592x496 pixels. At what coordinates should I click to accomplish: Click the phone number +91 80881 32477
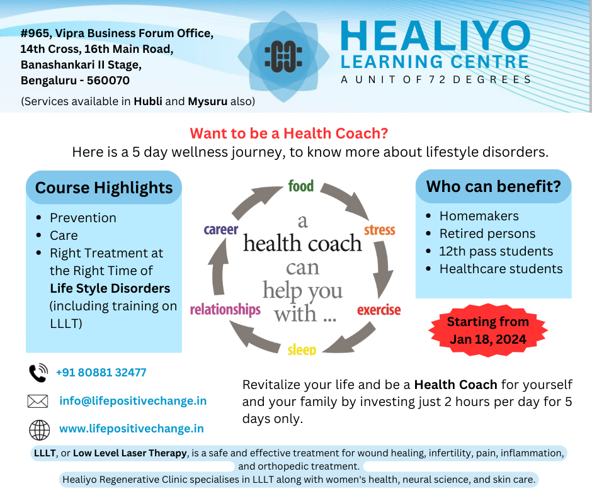coord(101,373)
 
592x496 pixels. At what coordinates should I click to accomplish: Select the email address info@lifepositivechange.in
coord(133,401)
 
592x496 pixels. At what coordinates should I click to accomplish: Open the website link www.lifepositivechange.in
coord(131,429)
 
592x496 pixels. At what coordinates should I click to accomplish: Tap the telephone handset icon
coord(38,373)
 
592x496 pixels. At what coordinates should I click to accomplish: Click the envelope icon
coord(38,401)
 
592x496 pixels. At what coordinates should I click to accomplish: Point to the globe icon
coord(39,429)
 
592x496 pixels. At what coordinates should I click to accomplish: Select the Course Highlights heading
coord(104,188)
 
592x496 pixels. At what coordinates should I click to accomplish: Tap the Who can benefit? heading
coord(494,186)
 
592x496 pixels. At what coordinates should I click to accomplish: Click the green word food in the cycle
coord(301,186)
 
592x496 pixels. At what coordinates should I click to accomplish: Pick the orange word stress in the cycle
coord(380,230)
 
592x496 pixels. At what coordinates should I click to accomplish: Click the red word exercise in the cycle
coord(379,310)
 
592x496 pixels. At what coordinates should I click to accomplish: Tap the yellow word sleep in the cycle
coord(302,349)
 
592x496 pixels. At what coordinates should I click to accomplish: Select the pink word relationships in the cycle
coord(225,310)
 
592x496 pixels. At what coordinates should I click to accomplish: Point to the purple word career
coord(221,230)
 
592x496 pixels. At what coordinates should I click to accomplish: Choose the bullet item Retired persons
coord(487,234)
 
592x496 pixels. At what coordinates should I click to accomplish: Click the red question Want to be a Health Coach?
coord(289,133)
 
